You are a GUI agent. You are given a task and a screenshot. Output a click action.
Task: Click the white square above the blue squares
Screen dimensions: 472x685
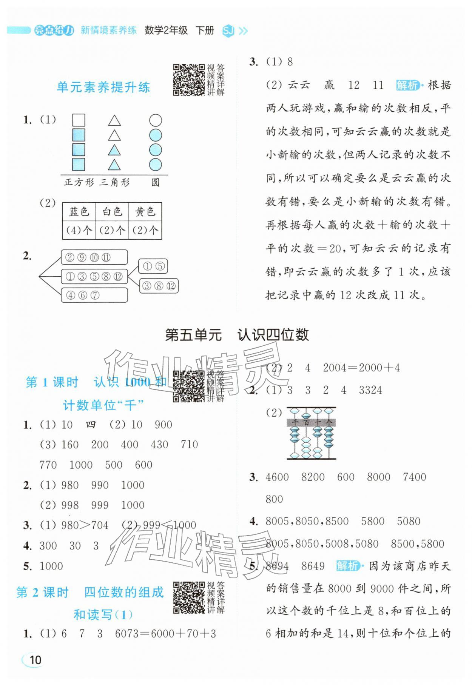point(79,120)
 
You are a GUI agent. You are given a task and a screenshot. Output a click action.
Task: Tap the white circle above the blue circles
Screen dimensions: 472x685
point(155,120)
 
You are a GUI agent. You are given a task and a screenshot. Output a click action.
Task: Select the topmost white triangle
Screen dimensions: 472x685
point(114,121)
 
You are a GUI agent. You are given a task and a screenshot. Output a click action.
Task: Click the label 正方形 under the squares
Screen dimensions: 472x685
point(79,183)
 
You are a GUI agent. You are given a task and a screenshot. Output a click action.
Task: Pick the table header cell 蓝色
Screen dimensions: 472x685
point(79,212)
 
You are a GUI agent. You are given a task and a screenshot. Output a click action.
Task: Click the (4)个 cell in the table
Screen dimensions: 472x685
point(79,230)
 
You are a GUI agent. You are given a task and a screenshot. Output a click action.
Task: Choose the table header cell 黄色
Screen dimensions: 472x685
point(145,212)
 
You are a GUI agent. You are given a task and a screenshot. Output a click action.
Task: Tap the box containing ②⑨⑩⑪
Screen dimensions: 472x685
point(94,257)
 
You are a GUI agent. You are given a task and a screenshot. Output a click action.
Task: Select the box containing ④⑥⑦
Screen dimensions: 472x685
point(94,295)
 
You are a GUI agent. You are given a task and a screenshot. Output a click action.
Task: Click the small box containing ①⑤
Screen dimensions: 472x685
point(153,266)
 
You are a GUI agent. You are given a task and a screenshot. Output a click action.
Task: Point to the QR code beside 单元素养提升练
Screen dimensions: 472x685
point(188,80)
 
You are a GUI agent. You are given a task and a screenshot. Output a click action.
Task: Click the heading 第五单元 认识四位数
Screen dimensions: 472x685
point(237,335)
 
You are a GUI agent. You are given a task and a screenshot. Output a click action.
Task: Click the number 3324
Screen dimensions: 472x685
point(370,390)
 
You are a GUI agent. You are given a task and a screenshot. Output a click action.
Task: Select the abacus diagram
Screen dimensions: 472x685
point(311,433)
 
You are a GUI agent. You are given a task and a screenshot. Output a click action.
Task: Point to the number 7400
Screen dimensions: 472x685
point(414,477)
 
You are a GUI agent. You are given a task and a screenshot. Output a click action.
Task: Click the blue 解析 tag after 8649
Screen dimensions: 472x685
point(347,566)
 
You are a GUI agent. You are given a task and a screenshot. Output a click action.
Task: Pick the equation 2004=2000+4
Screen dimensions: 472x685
point(361,368)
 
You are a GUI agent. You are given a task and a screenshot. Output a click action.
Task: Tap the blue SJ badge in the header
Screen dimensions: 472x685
point(228,31)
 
